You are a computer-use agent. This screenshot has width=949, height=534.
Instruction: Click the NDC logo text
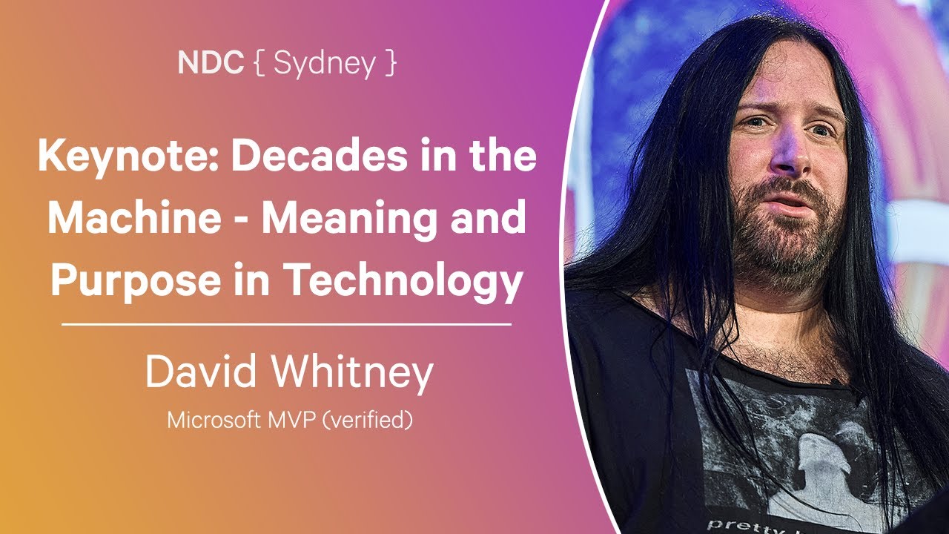coord(211,63)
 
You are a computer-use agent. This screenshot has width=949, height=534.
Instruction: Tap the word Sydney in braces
coord(325,65)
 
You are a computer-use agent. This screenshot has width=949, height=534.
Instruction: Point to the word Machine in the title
coord(134,218)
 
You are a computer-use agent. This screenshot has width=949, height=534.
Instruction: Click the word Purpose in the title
coord(136,282)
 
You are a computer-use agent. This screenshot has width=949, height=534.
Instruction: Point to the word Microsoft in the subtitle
coord(214,420)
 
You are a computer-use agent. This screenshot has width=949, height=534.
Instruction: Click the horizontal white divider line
coord(286,325)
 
